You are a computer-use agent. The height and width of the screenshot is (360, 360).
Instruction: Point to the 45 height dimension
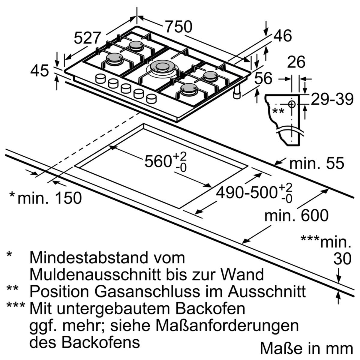(39, 71)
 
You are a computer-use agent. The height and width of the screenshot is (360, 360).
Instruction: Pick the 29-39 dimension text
(332, 99)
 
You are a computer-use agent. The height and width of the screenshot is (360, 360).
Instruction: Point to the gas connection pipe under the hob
(237, 93)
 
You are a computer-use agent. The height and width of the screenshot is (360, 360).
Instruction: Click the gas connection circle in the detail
(291, 104)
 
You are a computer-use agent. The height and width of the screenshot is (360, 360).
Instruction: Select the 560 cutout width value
(166, 162)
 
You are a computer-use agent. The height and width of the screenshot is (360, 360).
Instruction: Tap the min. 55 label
(316, 163)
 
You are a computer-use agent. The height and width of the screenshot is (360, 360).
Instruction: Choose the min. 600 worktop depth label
(296, 215)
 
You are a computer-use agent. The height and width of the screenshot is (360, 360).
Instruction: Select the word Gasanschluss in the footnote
(148, 291)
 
